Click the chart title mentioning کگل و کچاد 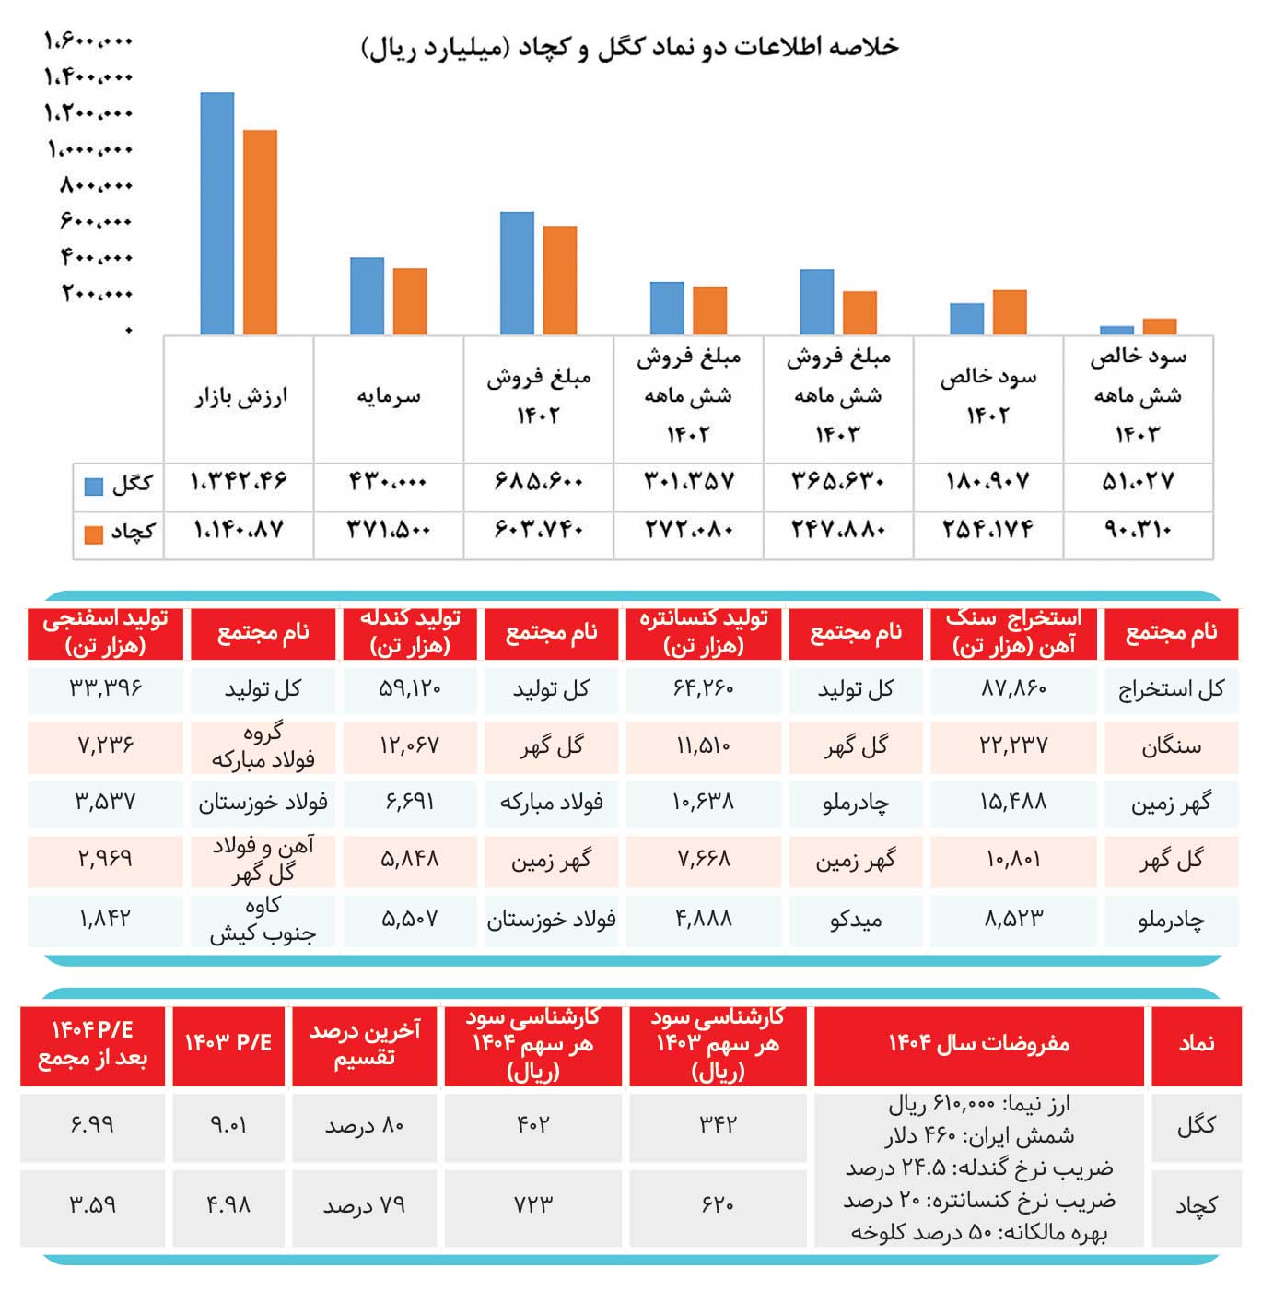tap(630, 48)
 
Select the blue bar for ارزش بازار tap(217, 214)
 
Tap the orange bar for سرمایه tap(410, 301)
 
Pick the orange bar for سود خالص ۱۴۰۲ tap(1010, 312)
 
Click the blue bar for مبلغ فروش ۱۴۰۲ tap(517, 274)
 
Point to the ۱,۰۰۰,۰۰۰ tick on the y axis tap(90, 149)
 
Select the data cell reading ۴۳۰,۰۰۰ tap(388, 482)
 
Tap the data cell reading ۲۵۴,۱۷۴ tap(987, 530)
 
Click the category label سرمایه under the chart tap(388, 396)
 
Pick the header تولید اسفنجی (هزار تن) tap(105, 633)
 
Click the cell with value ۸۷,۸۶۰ tap(1013, 688)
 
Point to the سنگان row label tap(1170, 745)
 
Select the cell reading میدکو tap(855, 919)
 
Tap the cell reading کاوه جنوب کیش tap(263, 920)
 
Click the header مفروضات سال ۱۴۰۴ tap(978, 1043)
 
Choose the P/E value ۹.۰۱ tap(228, 1125)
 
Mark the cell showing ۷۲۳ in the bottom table tap(533, 1204)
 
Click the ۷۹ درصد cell tap(364, 1205)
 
